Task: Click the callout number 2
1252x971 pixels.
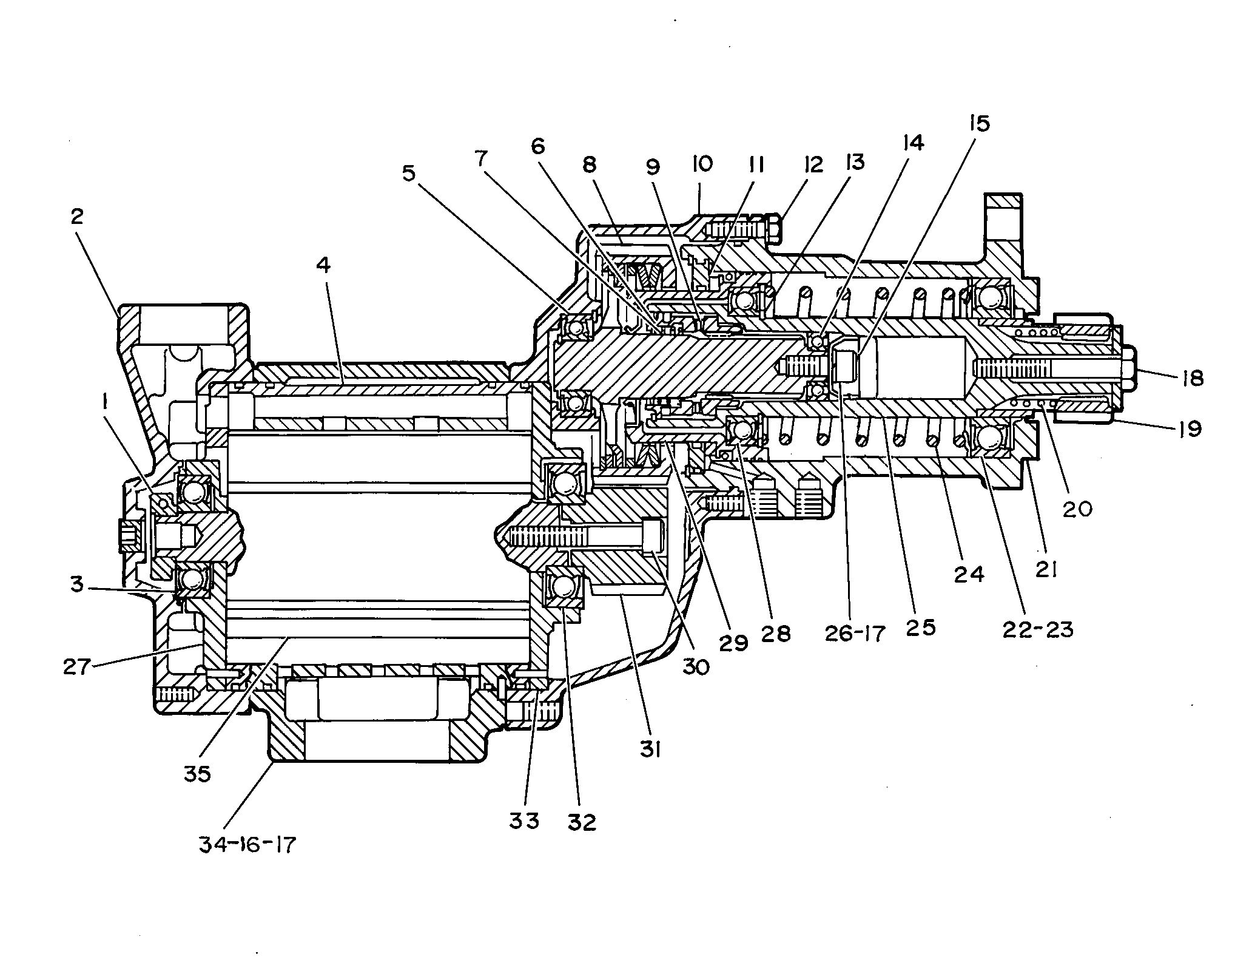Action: tap(77, 216)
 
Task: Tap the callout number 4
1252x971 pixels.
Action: tap(323, 265)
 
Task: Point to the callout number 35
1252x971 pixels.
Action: tap(197, 774)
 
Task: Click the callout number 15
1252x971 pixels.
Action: tap(979, 123)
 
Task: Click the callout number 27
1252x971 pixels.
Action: tap(77, 667)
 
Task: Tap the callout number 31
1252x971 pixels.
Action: tap(650, 751)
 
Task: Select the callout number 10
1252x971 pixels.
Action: tap(702, 163)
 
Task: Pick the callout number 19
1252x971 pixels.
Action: tap(1190, 429)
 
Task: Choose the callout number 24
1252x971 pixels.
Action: tap(969, 573)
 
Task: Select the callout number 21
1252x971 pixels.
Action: tap(1046, 569)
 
